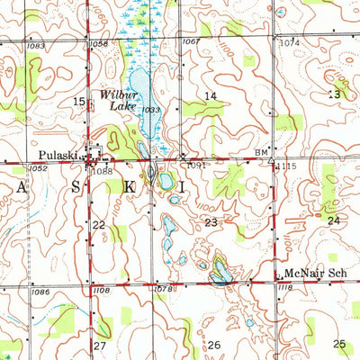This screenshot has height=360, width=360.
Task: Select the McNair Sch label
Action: pyautogui.click(x=310, y=273)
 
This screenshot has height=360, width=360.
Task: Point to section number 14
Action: pyautogui.click(x=211, y=95)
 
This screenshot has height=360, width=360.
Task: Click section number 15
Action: pyautogui.click(x=77, y=103)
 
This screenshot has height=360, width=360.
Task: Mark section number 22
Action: pyautogui.click(x=99, y=224)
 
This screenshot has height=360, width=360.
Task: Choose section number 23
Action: pyautogui.click(x=211, y=221)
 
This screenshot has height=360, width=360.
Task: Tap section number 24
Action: pyautogui.click(x=334, y=220)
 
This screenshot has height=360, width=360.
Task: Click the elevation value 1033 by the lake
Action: pyautogui.click(x=150, y=110)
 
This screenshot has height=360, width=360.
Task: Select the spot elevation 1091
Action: pyautogui.click(x=198, y=165)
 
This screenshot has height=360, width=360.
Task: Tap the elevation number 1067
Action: pyautogui.click(x=190, y=41)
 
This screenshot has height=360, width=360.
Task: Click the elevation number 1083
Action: pyautogui.click(x=36, y=44)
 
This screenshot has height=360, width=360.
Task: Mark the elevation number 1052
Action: pyautogui.click(x=38, y=167)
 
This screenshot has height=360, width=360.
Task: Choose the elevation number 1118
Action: pyautogui.click(x=286, y=287)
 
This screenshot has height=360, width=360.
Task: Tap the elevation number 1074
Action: pyautogui.click(x=289, y=42)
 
